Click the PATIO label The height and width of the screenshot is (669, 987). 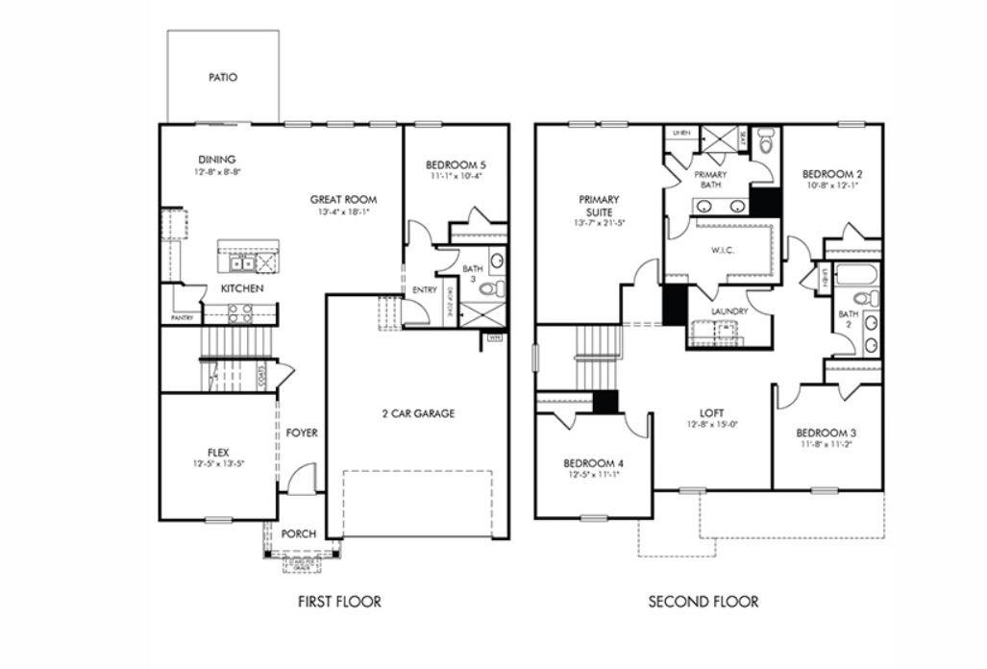click(x=223, y=77)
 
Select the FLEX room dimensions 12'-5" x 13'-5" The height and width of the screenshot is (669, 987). click(x=218, y=463)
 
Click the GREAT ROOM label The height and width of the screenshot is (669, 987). click(x=343, y=199)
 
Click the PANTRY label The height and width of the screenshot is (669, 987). click(x=182, y=317)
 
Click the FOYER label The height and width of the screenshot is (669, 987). click(x=302, y=433)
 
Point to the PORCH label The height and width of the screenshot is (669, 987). click(x=299, y=533)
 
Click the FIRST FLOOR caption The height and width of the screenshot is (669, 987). click(x=339, y=602)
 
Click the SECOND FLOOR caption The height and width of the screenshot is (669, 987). click(x=703, y=602)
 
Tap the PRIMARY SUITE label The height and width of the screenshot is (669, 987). click(x=599, y=206)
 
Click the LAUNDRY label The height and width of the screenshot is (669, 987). click(x=729, y=311)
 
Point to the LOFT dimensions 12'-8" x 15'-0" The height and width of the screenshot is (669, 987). click(x=711, y=424)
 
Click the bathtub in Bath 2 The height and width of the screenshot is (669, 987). click(x=857, y=274)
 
